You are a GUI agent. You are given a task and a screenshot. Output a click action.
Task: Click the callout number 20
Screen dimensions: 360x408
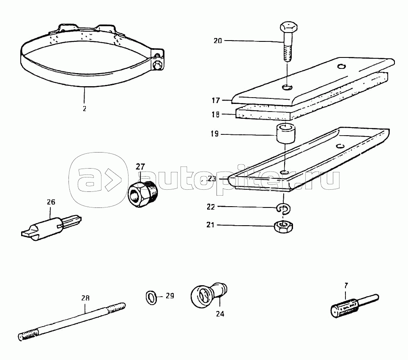click(217, 41)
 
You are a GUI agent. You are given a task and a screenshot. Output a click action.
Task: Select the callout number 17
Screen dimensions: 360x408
click(216, 101)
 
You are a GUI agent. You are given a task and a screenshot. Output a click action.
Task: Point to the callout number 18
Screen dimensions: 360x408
click(216, 114)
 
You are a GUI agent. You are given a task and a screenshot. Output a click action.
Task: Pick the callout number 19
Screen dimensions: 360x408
click(214, 134)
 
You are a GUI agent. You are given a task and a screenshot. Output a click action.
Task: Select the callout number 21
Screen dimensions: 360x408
click(211, 225)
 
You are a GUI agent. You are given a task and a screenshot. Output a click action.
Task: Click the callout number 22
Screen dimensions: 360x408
click(211, 207)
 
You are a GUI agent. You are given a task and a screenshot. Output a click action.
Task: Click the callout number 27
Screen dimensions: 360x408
click(140, 166)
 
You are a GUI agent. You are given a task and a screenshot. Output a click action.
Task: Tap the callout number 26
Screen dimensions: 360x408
click(51, 202)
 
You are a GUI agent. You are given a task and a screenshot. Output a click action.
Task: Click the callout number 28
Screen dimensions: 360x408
click(85, 298)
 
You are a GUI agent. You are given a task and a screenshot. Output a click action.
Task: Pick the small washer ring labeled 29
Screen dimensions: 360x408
click(150, 297)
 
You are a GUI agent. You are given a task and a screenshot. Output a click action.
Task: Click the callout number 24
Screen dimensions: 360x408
click(220, 314)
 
